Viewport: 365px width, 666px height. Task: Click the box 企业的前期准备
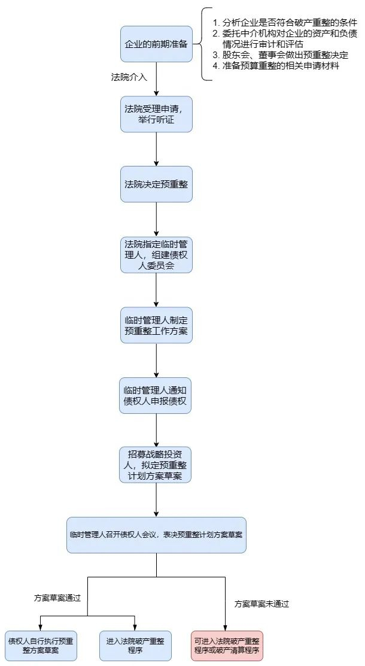(156, 44)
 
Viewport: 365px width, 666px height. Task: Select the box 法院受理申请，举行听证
(156, 114)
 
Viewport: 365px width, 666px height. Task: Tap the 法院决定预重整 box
(156, 184)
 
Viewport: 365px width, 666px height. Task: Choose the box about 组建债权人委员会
(156, 255)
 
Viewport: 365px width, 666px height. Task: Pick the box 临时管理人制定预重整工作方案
(156, 325)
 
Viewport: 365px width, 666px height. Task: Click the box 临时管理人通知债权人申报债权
(156, 395)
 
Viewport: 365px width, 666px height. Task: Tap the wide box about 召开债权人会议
(156, 535)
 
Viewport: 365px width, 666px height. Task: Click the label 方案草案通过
(57, 598)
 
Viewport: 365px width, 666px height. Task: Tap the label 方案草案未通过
(262, 604)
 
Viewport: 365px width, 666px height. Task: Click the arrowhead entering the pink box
(226, 627)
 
